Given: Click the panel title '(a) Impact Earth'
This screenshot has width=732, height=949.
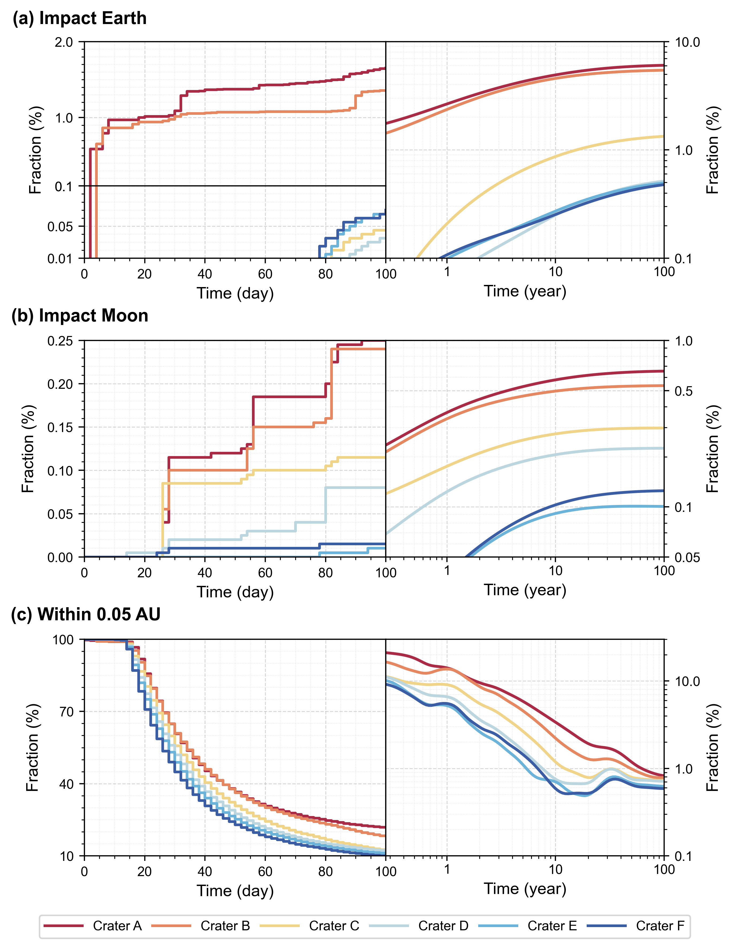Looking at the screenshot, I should point(80,18).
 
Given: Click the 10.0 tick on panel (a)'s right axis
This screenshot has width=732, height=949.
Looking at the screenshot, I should point(687,42).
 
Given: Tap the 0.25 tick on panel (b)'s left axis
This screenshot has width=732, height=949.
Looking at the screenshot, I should point(60,341).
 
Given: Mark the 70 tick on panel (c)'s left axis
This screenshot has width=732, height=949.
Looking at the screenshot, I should point(67,712).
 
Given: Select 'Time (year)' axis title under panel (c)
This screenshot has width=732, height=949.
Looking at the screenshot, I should point(525,889).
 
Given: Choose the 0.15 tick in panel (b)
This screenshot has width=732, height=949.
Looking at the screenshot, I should point(60,427).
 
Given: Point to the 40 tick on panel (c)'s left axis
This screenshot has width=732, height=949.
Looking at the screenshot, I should point(67,784).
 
